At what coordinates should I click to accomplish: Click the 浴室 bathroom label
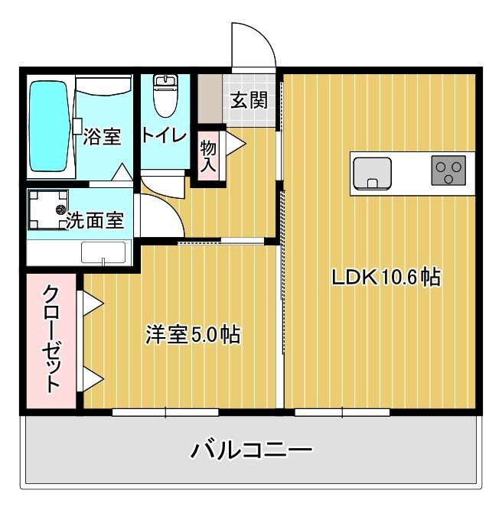102,138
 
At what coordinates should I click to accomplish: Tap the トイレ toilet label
163,136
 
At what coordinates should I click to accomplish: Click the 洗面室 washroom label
95,221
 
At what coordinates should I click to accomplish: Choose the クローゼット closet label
51,339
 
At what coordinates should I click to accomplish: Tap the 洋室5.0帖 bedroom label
194,334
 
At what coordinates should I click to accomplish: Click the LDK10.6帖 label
385,277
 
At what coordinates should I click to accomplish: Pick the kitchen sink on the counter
372,173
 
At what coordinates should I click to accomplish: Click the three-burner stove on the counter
448,171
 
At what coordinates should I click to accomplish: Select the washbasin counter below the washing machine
103,252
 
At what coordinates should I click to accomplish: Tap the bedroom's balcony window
166,412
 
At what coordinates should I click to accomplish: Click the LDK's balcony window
343,412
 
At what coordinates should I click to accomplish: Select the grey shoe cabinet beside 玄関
209,98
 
